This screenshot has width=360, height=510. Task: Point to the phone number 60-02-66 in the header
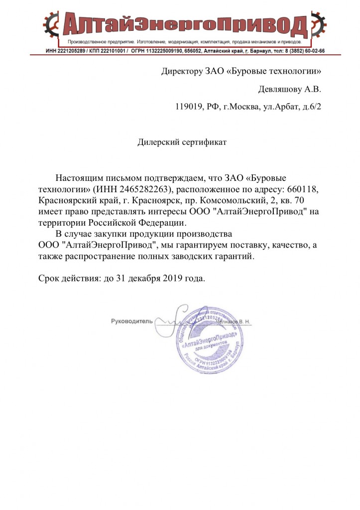click(313, 51)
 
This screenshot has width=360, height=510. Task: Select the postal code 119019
click(189, 107)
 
